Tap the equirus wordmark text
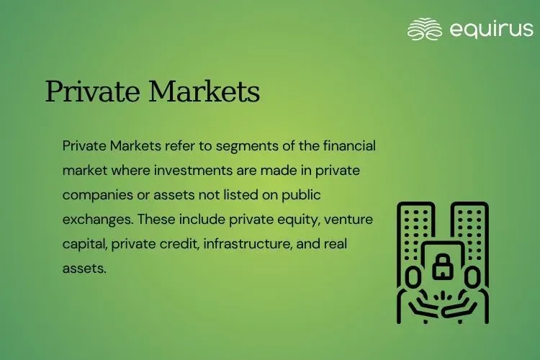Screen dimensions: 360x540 491,30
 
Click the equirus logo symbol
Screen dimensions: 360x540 424,30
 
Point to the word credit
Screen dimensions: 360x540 176,245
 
